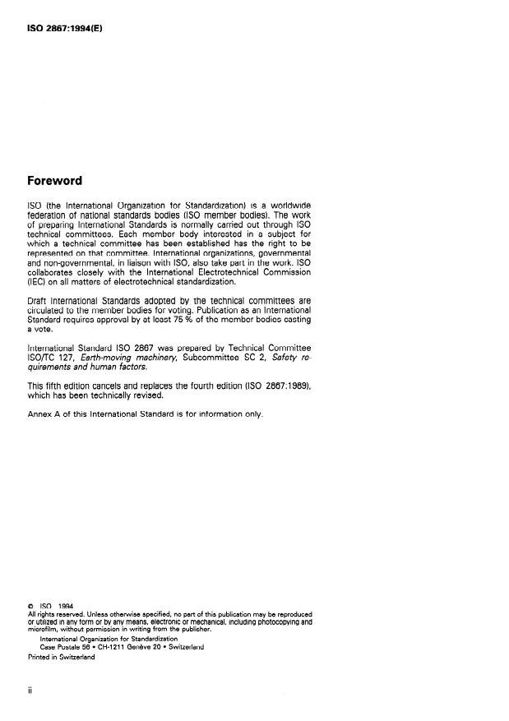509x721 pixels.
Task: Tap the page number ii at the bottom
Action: (x=30, y=691)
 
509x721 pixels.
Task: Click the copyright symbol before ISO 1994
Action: (x=30, y=606)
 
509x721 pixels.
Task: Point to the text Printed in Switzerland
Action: (x=61, y=656)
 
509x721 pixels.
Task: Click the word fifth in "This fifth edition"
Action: (x=57, y=386)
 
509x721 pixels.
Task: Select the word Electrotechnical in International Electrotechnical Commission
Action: (x=227, y=270)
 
